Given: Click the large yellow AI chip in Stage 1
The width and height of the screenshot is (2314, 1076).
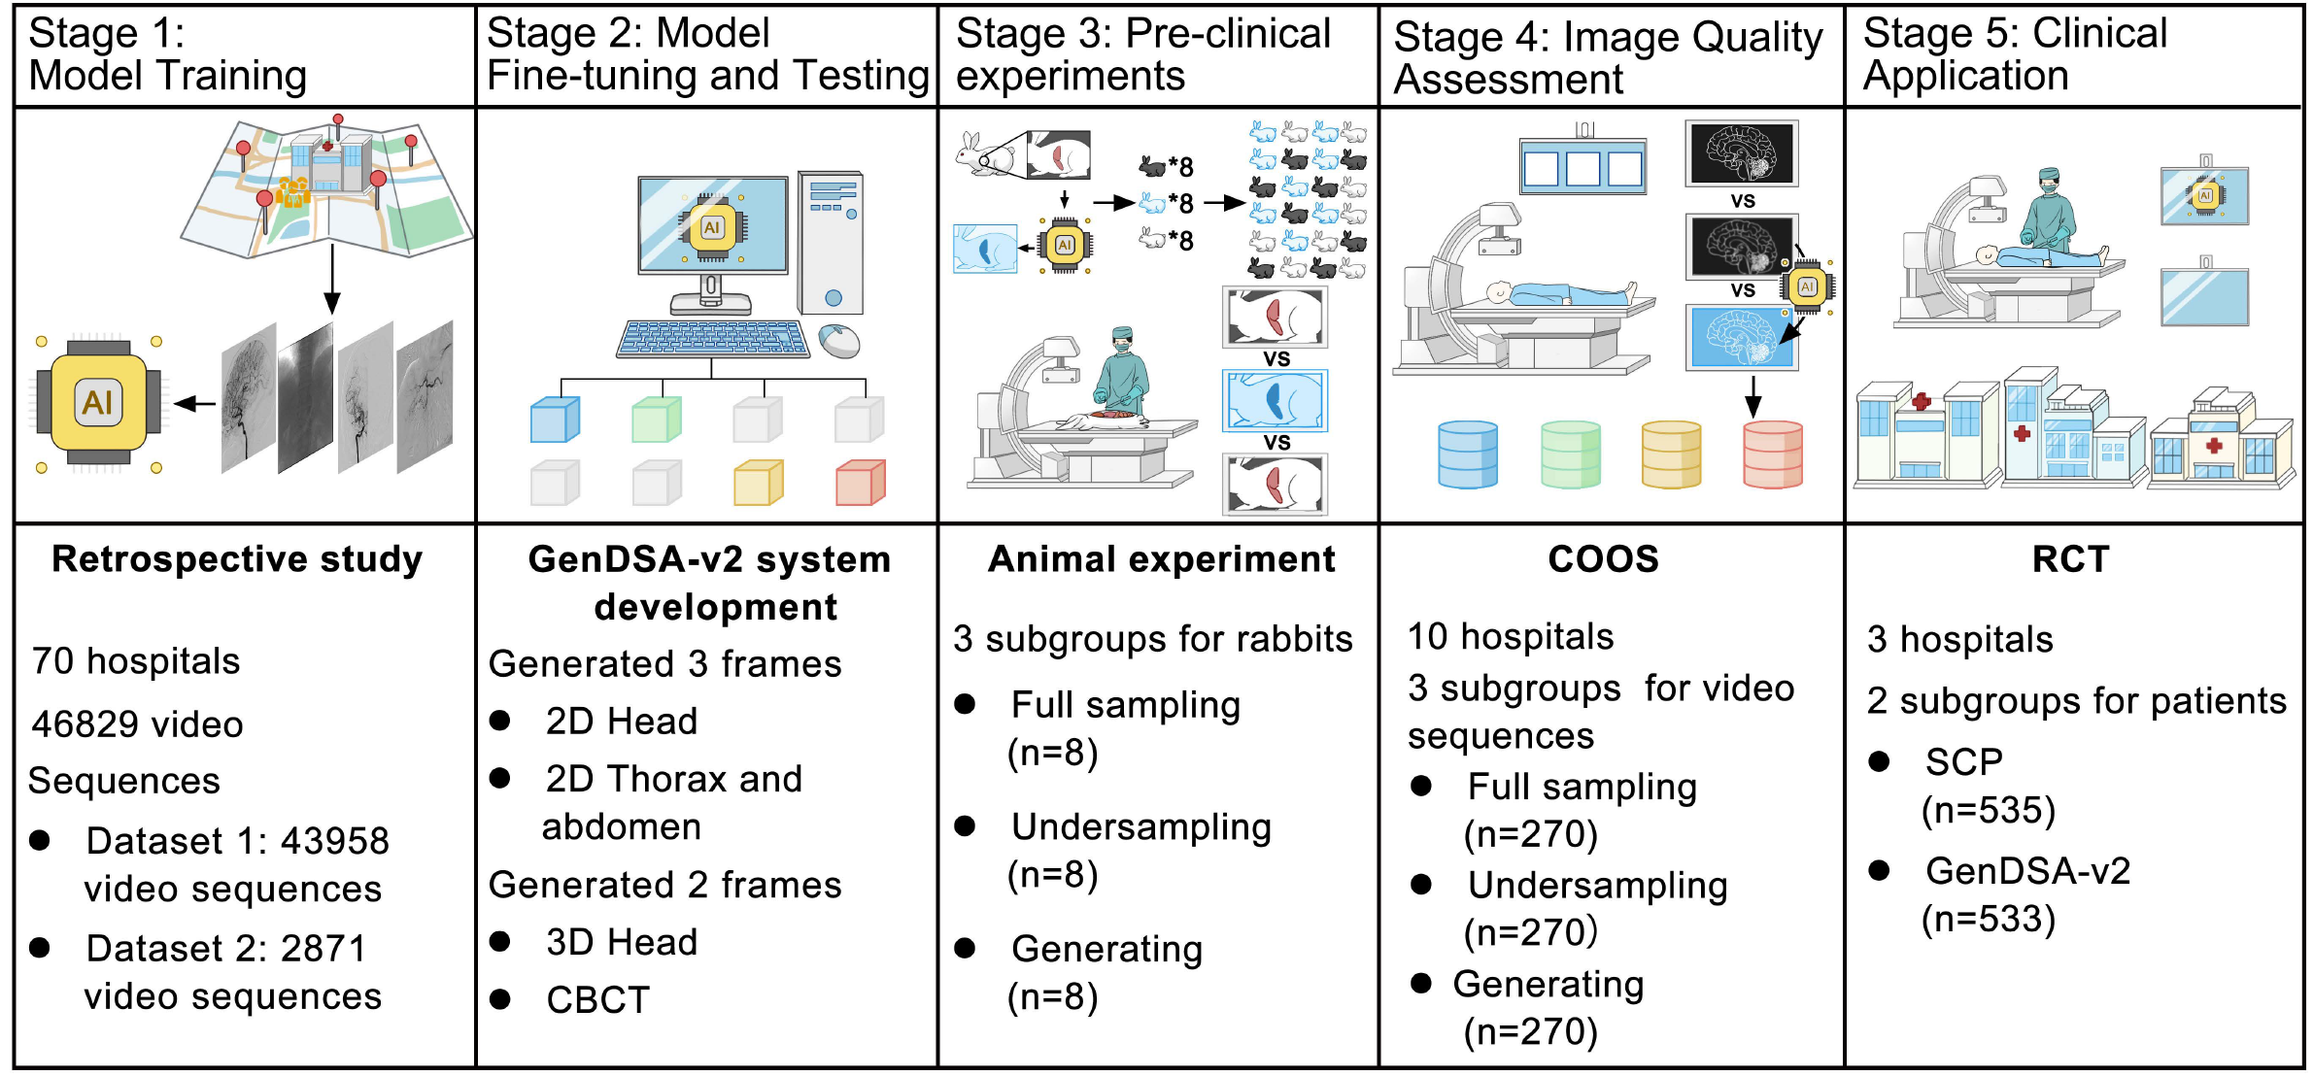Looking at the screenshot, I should tap(98, 402).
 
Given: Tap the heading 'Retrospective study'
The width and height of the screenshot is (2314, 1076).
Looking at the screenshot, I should tap(237, 559).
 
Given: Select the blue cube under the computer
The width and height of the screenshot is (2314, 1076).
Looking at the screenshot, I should tap(555, 420).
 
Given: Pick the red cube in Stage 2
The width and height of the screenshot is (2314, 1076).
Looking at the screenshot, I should tap(860, 483).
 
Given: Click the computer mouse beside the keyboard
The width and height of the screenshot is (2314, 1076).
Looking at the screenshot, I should tap(838, 341).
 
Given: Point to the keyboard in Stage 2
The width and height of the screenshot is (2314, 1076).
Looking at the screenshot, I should tap(712, 339).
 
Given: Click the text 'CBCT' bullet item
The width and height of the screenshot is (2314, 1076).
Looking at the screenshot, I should tap(597, 999).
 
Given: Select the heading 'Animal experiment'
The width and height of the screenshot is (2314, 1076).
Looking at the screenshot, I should tap(1161, 559).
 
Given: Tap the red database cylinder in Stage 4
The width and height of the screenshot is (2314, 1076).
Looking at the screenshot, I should tap(1773, 454).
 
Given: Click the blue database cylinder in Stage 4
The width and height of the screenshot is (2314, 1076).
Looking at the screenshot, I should tap(1467, 454).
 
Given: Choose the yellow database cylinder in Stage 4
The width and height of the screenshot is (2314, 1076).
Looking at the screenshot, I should tap(1671, 454).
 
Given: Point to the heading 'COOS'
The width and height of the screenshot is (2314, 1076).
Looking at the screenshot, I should tap(1603, 559).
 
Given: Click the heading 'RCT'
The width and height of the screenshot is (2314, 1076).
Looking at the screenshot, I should tap(2070, 559).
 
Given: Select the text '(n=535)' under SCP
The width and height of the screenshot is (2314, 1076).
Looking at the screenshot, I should tap(1989, 810).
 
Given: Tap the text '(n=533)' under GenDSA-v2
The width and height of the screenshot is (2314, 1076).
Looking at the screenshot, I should tap(1989, 919).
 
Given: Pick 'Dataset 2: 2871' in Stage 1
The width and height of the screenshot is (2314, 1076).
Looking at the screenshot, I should tap(225, 949).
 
